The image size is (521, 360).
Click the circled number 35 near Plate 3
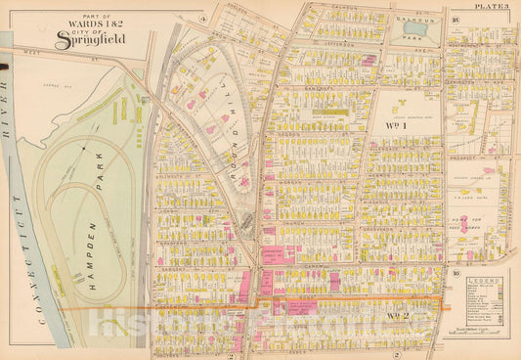click(456, 19)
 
